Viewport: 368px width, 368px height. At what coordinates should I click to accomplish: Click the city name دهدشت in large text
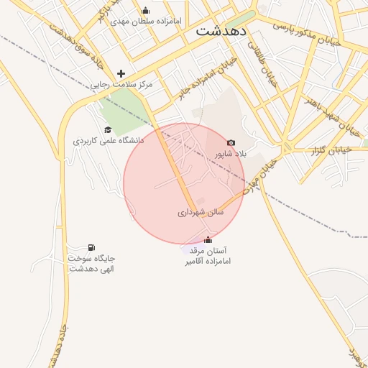[221, 32]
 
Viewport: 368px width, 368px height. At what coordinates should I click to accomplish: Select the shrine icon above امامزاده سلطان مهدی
[146, 10]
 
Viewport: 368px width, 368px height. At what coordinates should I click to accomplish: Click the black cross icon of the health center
[121, 73]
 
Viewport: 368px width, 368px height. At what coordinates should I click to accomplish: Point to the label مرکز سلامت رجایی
[121, 85]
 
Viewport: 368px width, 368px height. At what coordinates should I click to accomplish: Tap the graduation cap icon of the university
[108, 130]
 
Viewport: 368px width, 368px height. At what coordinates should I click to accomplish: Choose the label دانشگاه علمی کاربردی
[109, 141]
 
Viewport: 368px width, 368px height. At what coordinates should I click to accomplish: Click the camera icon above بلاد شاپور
[231, 143]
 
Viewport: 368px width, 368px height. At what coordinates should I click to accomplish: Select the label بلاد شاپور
[231, 154]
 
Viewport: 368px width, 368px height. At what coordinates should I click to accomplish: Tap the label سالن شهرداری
[201, 213]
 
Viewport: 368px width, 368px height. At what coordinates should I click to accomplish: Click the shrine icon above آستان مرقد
[208, 240]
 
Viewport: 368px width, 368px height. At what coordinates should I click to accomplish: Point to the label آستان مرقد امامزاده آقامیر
[207, 257]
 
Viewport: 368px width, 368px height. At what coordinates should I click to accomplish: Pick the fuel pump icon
[91, 247]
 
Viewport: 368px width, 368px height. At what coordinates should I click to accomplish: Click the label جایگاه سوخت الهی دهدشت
[92, 263]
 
